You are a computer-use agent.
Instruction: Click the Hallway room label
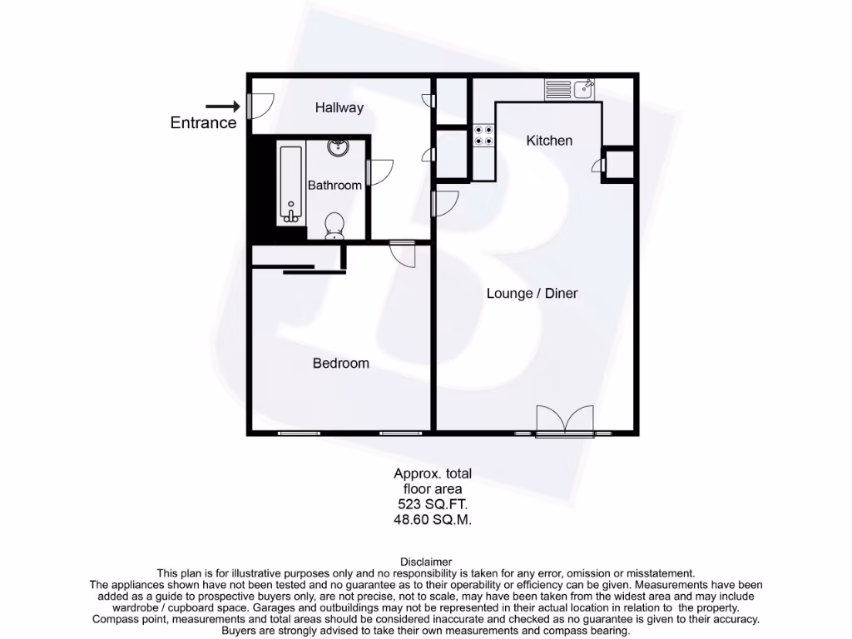click(339, 107)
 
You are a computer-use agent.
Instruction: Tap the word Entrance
click(203, 123)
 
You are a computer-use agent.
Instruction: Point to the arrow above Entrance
click(222, 106)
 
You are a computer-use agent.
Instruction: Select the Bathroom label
click(334, 185)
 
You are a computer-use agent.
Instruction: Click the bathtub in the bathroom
click(290, 186)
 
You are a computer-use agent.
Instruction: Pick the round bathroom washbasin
click(338, 148)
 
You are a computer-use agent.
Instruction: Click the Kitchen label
click(549, 141)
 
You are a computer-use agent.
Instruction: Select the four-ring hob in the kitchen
click(483, 136)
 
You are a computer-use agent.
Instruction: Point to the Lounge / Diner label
click(532, 293)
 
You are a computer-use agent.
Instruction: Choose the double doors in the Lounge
click(565, 421)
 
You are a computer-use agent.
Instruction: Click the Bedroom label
click(340, 363)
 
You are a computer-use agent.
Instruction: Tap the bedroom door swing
click(403, 253)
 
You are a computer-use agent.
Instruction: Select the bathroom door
click(379, 172)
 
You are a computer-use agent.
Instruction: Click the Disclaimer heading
click(426, 562)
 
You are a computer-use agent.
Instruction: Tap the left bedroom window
click(299, 433)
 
